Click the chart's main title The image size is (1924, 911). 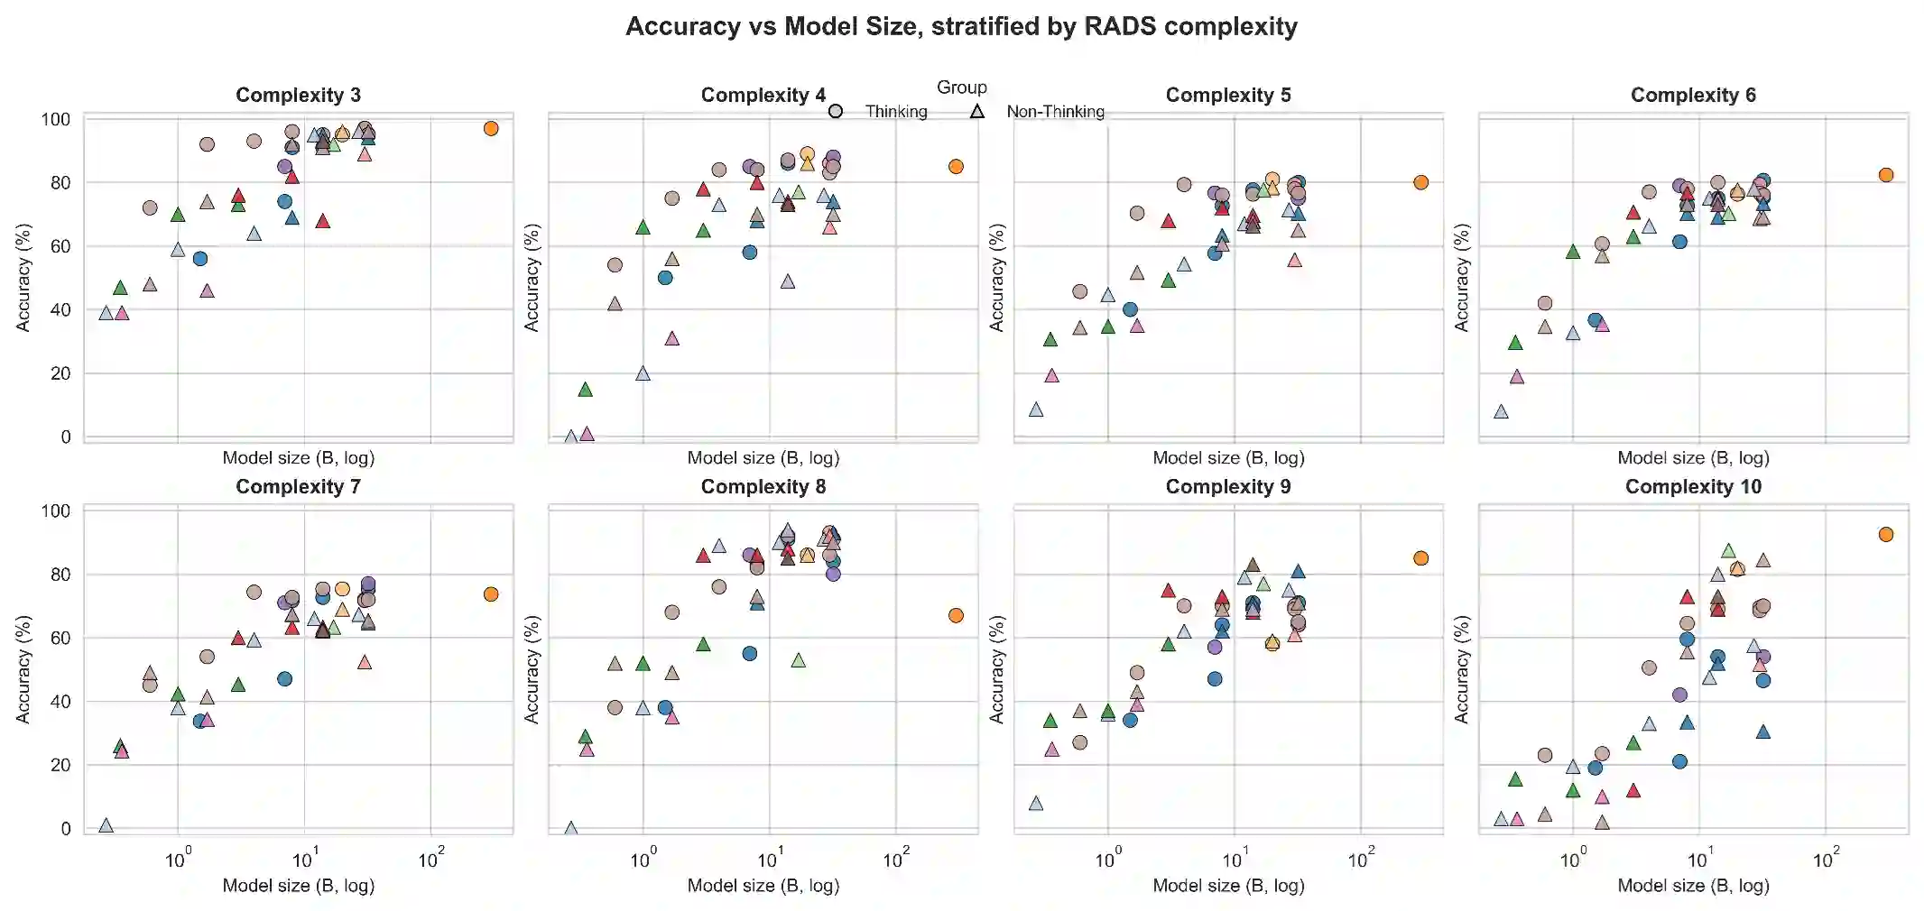coord(961,26)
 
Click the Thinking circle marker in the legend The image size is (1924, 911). coord(836,111)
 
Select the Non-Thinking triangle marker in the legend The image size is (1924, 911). coord(976,111)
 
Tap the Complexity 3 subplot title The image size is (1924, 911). coord(298,95)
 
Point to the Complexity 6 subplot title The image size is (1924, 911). coord(1693,95)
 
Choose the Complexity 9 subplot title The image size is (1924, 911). coord(1227,487)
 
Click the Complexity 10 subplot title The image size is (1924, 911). coord(1693,487)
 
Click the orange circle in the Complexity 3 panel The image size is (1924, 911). coord(491,128)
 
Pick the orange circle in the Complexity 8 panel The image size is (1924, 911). coord(956,615)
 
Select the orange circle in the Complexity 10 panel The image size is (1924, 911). coord(1885,534)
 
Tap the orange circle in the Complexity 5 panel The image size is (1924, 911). coord(1420,182)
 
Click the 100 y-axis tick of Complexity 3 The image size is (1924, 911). coord(56,119)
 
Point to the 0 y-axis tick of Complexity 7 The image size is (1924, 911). coord(65,828)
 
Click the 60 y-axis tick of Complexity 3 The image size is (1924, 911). coord(60,246)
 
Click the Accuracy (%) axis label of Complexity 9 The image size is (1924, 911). coord(996,669)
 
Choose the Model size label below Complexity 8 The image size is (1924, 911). coord(763,885)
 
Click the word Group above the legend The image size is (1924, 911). coord(961,87)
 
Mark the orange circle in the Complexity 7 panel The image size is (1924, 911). coord(491,594)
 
